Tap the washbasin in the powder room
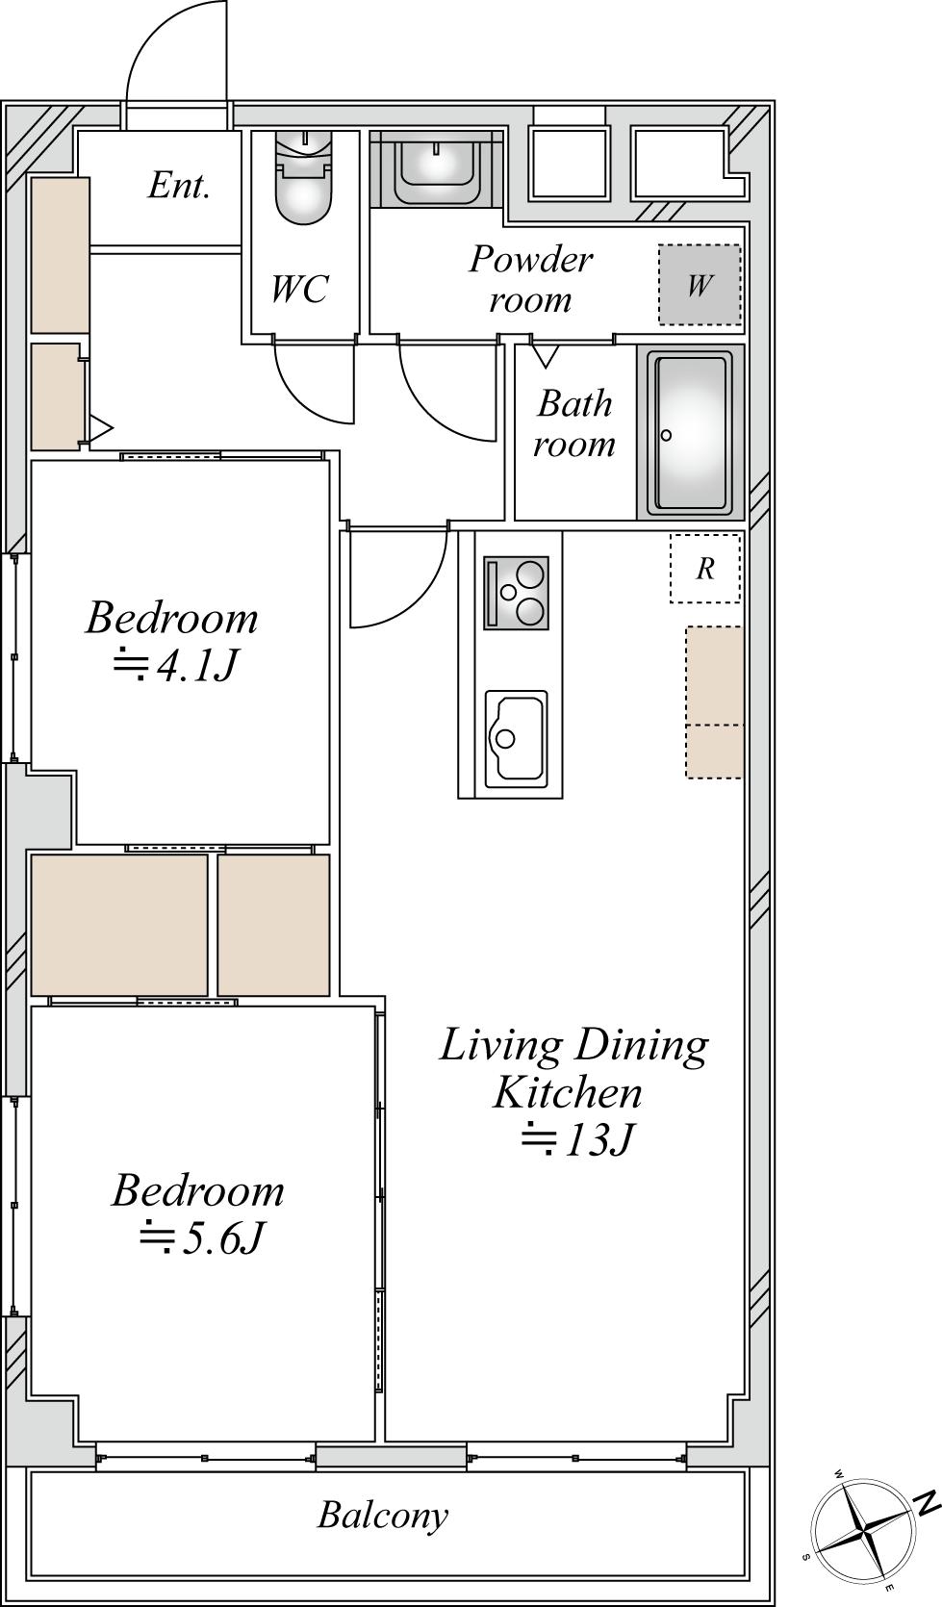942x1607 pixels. coord(436,167)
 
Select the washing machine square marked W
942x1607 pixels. coord(700,285)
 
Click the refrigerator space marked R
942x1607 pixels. coord(705,568)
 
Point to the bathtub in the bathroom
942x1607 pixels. coord(690,433)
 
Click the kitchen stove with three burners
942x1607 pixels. coord(516,593)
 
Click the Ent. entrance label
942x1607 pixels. coord(179,187)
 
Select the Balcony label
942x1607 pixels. coord(383,1516)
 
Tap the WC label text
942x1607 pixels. coord(300,289)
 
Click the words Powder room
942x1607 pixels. coord(531,279)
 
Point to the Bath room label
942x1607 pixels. coord(573,423)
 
